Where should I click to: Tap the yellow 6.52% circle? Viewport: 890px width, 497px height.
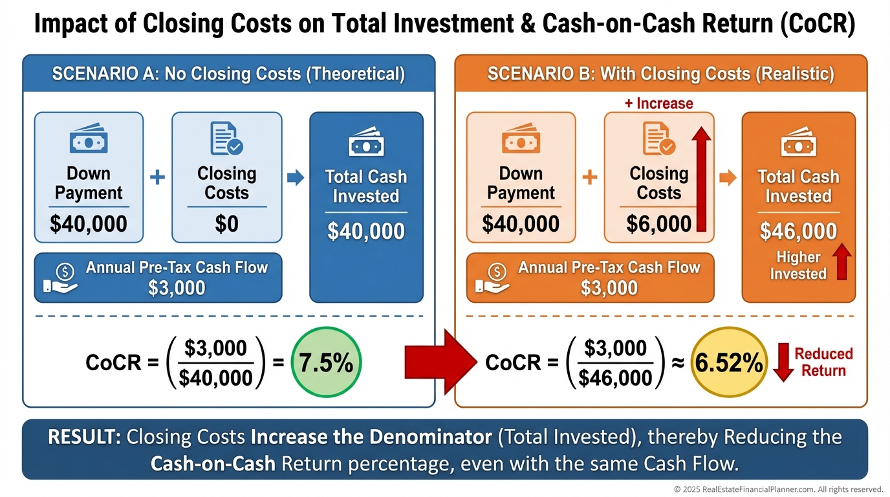pos(728,364)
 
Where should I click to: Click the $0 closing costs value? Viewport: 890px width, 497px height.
pos(226,224)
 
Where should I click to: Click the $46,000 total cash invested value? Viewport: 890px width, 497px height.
pos(798,231)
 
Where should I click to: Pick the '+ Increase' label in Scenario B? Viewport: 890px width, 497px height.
pos(658,104)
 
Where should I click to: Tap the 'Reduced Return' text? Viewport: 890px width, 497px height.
pos(823,362)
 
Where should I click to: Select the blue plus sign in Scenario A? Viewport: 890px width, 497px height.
pos(157,177)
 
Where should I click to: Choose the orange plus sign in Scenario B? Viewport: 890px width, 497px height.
pos(589,177)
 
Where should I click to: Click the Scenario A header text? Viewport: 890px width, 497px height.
pos(228,74)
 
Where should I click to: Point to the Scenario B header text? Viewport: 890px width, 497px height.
pos(660,74)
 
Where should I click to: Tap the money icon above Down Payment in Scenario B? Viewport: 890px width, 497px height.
pos(521,140)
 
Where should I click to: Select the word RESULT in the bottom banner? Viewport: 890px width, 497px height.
pos(84,437)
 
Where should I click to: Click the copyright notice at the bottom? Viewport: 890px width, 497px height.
pos(778,489)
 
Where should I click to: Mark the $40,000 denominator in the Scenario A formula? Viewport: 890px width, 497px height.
pos(216,377)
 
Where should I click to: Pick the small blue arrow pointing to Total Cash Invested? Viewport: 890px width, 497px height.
pos(295,178)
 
